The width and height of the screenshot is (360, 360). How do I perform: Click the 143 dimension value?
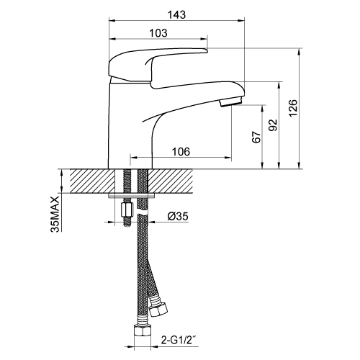click(176, 15)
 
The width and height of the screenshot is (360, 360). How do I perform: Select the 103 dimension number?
click(158, 33)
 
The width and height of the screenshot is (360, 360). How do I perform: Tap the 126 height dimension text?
click(293, 108)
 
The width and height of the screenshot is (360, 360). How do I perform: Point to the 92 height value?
click(273, 125)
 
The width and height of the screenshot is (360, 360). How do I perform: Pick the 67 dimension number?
click(256, 137)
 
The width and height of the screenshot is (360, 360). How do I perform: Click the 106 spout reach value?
click(181, 152)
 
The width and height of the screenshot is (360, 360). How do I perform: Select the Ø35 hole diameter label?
click(178, 217)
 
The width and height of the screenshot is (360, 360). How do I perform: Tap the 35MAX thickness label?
click(55, 214)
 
